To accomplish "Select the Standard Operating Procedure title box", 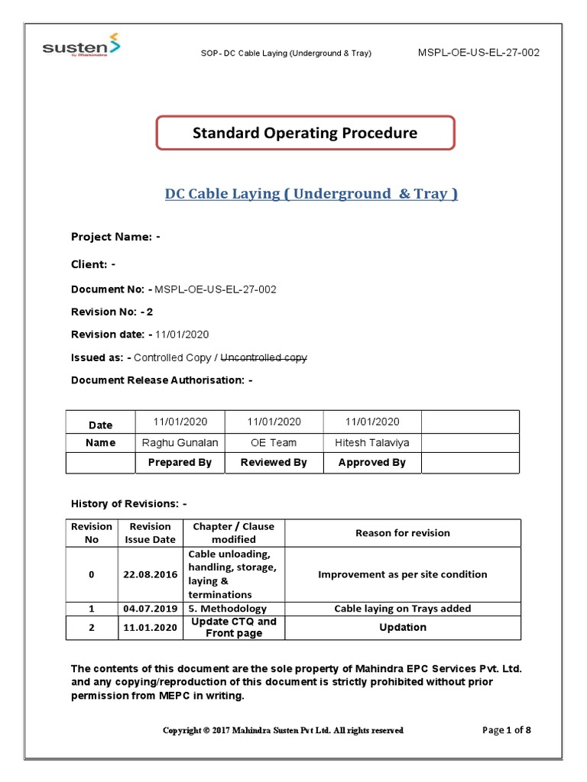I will (x=305, y=133).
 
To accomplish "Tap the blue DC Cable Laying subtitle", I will (x=311, y=194).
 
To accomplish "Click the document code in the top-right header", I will (x=479, y=52).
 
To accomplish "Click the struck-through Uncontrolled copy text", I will (x=264, y=357).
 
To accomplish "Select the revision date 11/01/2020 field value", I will (x=182, y=334).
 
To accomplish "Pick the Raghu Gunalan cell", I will (x=180, y=442).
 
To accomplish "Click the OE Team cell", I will (x=274, y=442).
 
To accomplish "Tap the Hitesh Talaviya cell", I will (x=372, y=442).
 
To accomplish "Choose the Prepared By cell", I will (x=180, y=462).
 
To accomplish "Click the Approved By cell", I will (x=372, y=462).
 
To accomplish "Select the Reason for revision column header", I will (x=403, y=533).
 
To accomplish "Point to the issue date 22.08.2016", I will (x=150, y=574).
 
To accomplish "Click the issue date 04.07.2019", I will (x=150, y=609).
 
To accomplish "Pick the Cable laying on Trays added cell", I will (x=403, y=609).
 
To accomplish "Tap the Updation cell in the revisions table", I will (x=403, y=627).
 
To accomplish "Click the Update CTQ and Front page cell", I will (x=234, y=627).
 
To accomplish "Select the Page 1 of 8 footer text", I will (x=507, y=730).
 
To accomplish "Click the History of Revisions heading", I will (x=129, y=504).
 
